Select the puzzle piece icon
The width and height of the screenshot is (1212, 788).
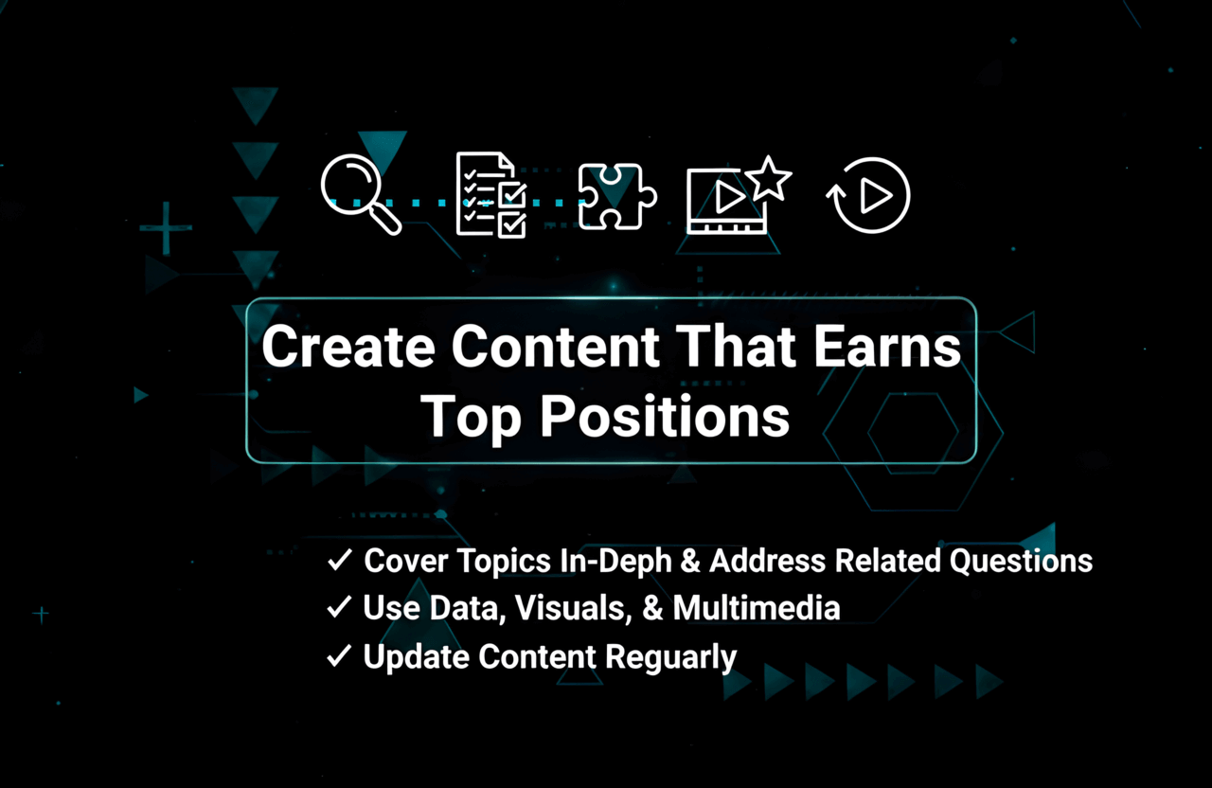click(x=616, y=196)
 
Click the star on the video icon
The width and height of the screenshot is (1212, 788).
click(x=768, y=177)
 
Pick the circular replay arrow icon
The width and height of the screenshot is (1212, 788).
click(x=868, y=195)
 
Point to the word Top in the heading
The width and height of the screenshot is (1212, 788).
click(x=470, y=417)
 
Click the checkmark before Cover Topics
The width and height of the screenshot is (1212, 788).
click(x=339, y=561)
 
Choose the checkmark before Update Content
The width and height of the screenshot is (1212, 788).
click(x=339, y=656)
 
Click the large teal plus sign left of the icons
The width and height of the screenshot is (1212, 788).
click(x=166, y=228)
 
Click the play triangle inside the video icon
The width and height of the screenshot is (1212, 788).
click(x=727, y=197)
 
